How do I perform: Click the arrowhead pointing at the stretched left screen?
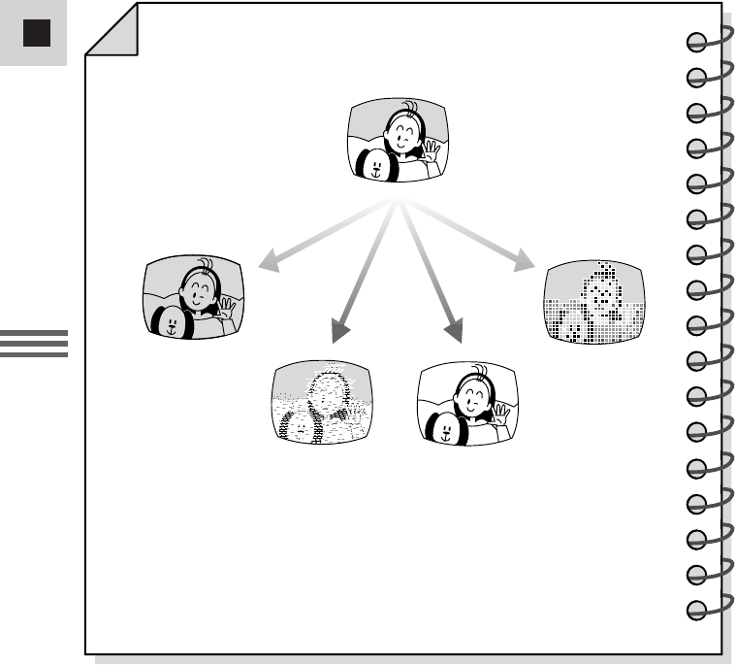tap(268, 262)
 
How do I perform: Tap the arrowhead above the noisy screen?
tap(338, 332)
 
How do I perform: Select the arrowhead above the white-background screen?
tap(452, 332)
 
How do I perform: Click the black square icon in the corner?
tap(36, 34)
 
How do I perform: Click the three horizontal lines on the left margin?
tap(34, 344)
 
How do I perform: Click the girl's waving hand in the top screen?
tap(429, 151)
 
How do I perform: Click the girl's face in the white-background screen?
tap(472, 397)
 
